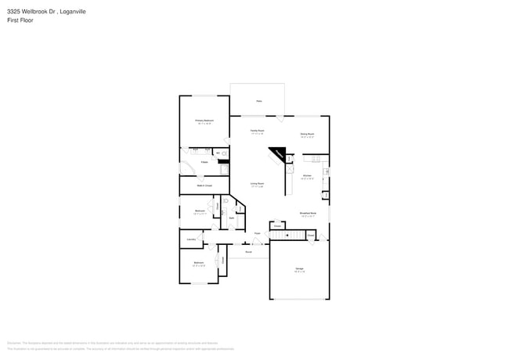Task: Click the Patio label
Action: click(258, 101)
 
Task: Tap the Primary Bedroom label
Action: click(204, 121)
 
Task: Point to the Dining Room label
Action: click(307, 135)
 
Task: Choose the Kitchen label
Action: click(307, 176)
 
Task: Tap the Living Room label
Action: click(256, 185)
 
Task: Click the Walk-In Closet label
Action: click(204, 185)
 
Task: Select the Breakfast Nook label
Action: click(308, 213)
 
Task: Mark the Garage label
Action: click(299, 269)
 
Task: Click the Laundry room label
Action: click(191, 239)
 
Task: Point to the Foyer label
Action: click(257, 233)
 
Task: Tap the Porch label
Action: click(248, 252)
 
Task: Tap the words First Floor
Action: click(20, 20)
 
